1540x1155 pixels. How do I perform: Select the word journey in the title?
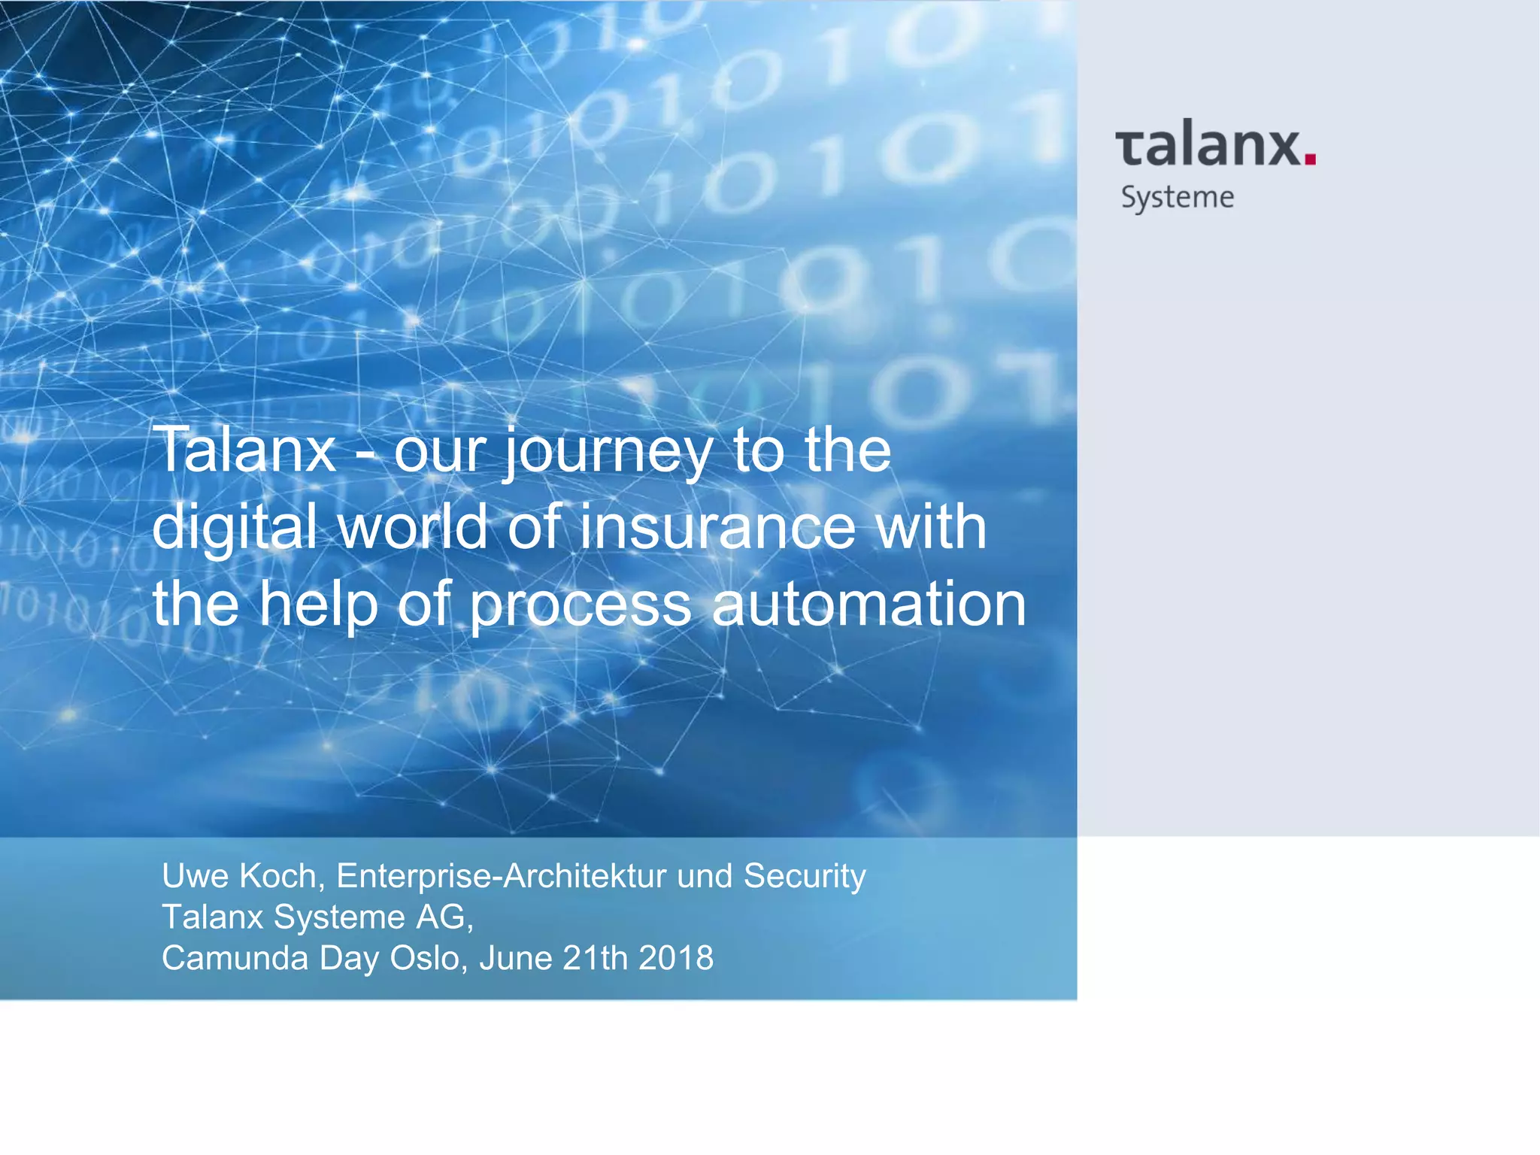607,451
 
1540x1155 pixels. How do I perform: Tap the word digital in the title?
234,528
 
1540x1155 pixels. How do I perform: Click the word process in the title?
581,606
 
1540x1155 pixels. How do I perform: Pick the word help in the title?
319,605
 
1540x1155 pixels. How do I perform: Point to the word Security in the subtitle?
805,876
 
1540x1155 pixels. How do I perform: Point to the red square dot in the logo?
1309,158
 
